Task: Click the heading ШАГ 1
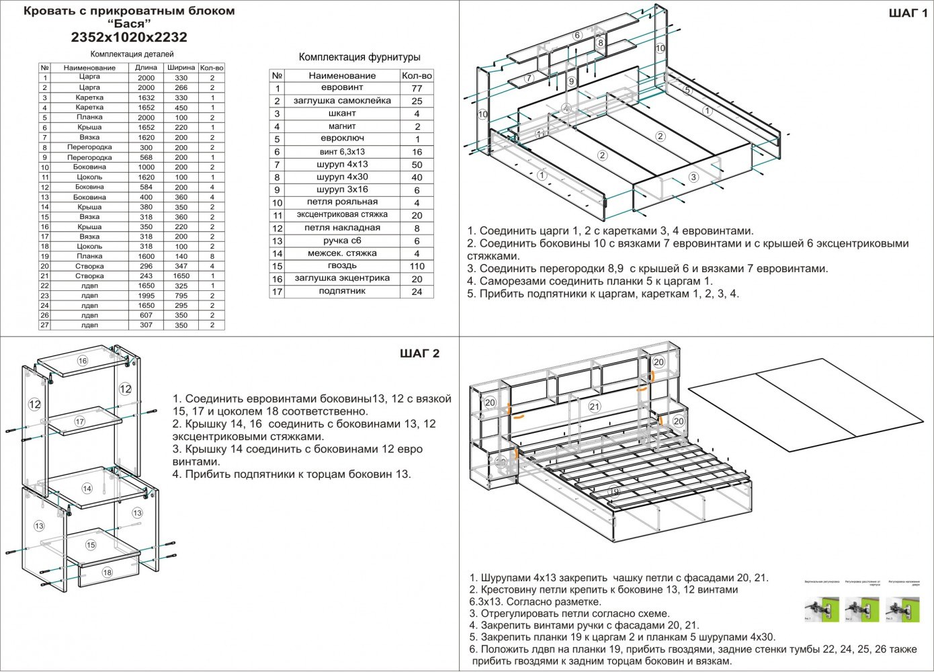(x=908, y=13)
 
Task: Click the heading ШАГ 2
(x=419, y=353)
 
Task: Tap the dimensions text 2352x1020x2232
(x=129, y=38)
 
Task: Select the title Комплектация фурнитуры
(x=359, y=57)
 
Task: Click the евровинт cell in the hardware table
(x=342, y=88)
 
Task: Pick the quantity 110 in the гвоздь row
(x=417, y=266)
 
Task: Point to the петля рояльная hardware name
(x=342, y=202)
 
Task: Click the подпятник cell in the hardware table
(x=342, y=292)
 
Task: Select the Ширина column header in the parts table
(x=181, y=68)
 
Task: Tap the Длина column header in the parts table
(x=146, y=68)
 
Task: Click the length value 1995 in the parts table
(x=146, y=296)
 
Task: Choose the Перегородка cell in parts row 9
(x=89, y=157)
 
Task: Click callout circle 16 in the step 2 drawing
(x=83, y=361)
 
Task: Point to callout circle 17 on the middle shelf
(x=80, y=422)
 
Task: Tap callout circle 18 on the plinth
(x=107, y=573)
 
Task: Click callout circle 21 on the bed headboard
(x=594, y=406)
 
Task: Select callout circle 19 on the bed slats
(x=613, y=492)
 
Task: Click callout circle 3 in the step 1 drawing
(x=693, y=177)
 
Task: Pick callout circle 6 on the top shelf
(x=577, y=36)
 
